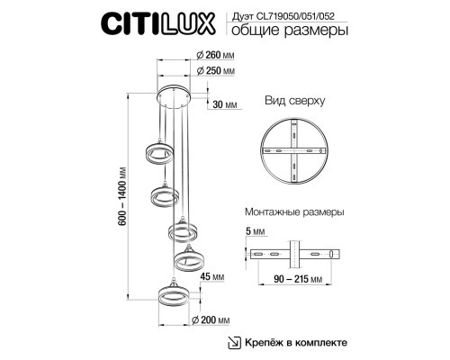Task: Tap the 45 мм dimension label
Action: click(211, 276)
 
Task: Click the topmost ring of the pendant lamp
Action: click(158, 152)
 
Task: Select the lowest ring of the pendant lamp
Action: click(172, 297)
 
